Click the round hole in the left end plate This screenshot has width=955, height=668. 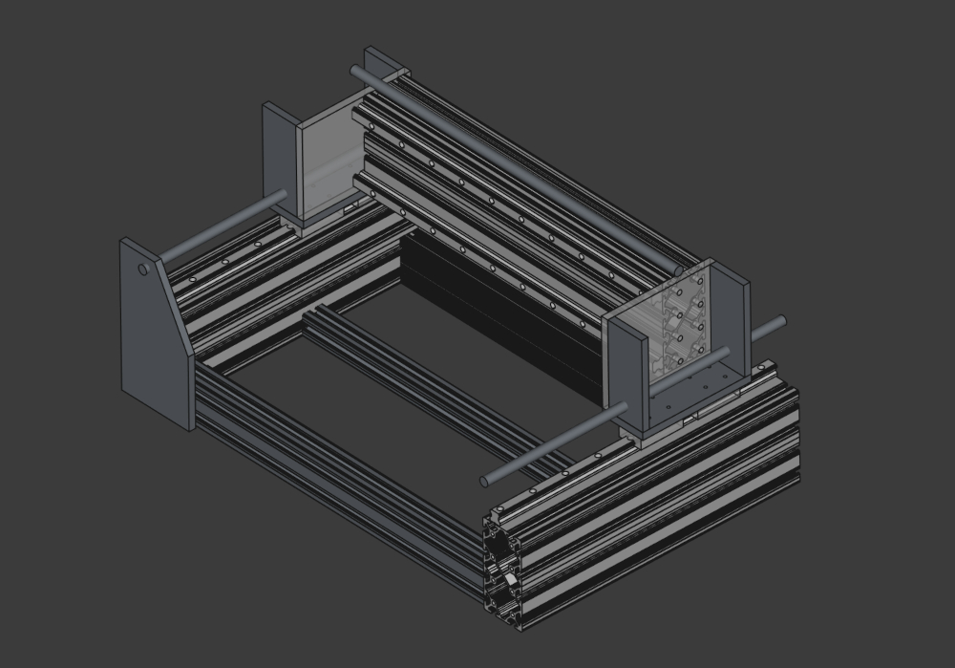pyautogui.click(x=143, y=269)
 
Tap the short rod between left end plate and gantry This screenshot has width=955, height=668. pyautogui.click(x=224, y=227)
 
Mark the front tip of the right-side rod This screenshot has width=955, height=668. pyautogui.click(x=485, y=481)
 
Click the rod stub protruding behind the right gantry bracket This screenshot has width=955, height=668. pyautogui.click(x=769, y=329)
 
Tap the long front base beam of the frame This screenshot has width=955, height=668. pyautogui.click(x=334, y=478)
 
